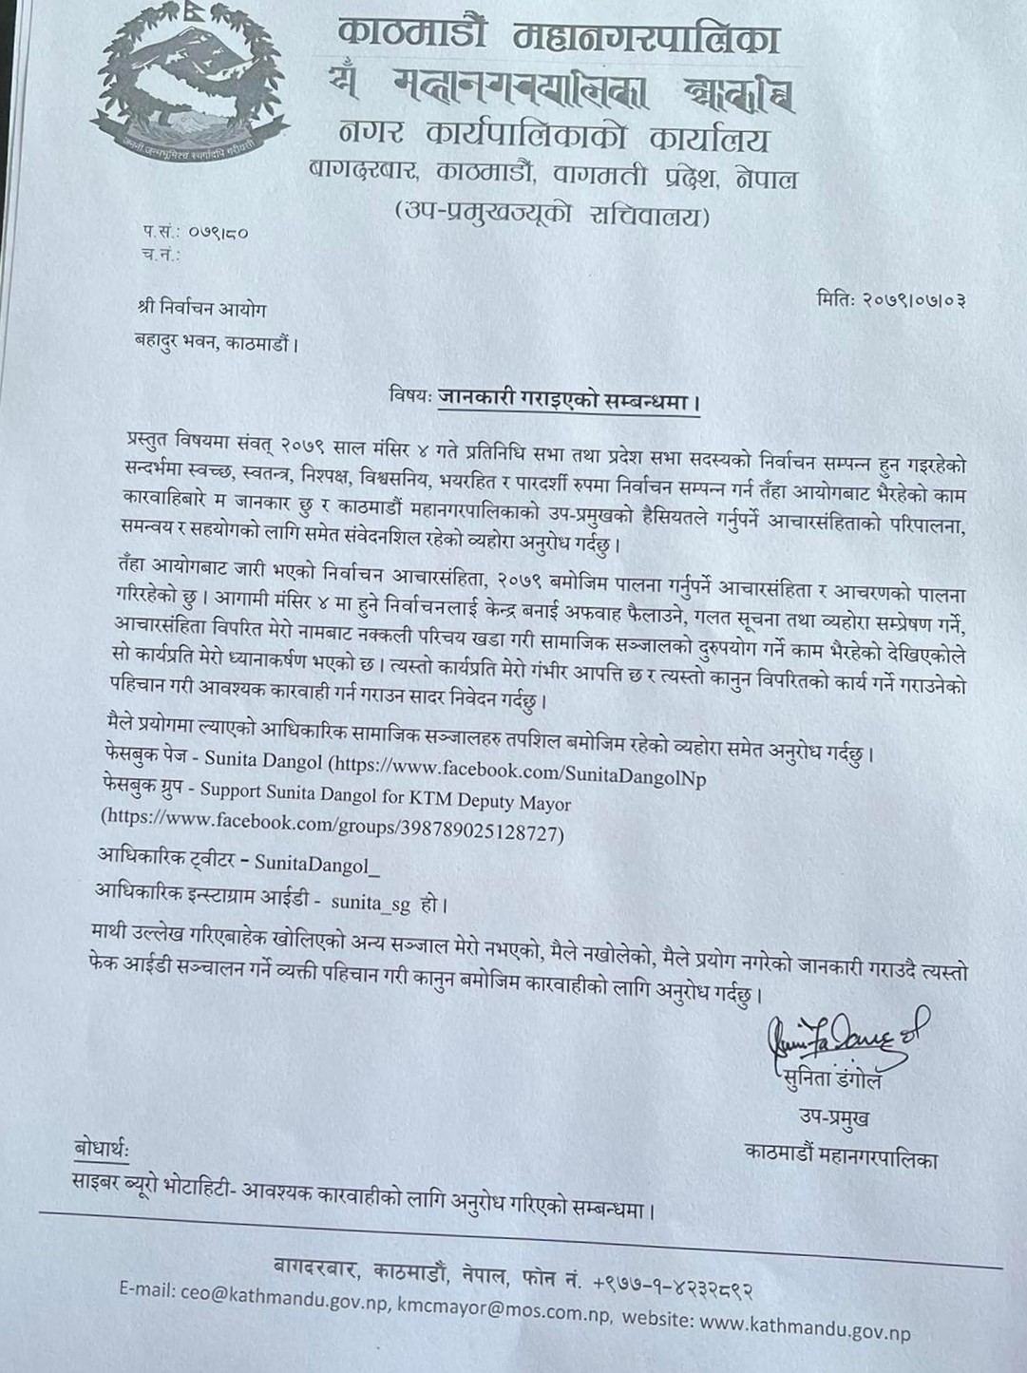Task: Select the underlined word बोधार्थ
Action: (102, 1149)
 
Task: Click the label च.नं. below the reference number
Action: (161, 254)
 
